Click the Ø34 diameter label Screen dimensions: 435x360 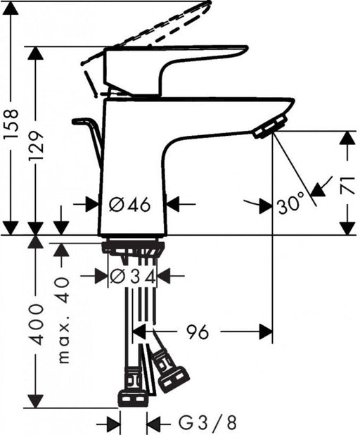tap(133, 277)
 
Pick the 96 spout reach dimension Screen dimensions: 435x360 tap(198, 332)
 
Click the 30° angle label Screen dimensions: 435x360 tap(290, 205)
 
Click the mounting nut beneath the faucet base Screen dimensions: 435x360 tap(134, 247)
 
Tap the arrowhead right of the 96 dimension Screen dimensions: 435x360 tap(266, 332)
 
